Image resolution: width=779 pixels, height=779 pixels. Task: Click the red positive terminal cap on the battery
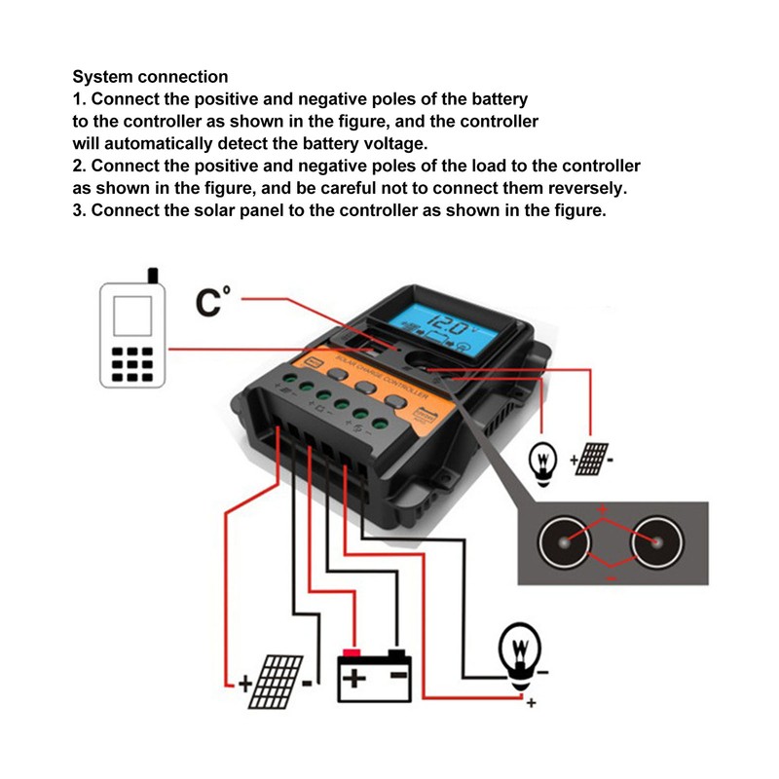point(352,651)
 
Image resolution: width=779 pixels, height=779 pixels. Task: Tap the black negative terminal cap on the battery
point(396,650)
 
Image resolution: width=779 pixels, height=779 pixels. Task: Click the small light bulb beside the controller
point(542,457)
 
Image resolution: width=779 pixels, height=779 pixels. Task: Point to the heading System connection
point(151,77)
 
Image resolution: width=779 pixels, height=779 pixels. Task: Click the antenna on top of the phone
point(151,276)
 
